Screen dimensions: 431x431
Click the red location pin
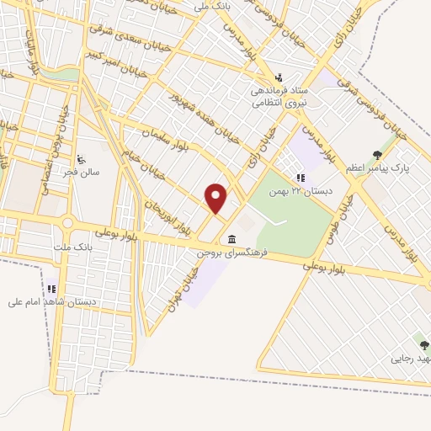click(216, 198)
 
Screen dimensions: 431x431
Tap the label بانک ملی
click(211, 6)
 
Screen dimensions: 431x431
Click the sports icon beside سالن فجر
click(82, 159)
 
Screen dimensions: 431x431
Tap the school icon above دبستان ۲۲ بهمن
click(300, 178)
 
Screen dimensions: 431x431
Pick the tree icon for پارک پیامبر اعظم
click(376, 155)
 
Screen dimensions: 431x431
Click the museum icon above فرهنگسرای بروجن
click(231, 240)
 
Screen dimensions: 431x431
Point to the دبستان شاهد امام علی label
click(52, 301)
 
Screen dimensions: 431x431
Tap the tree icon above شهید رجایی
click(424, 345)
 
